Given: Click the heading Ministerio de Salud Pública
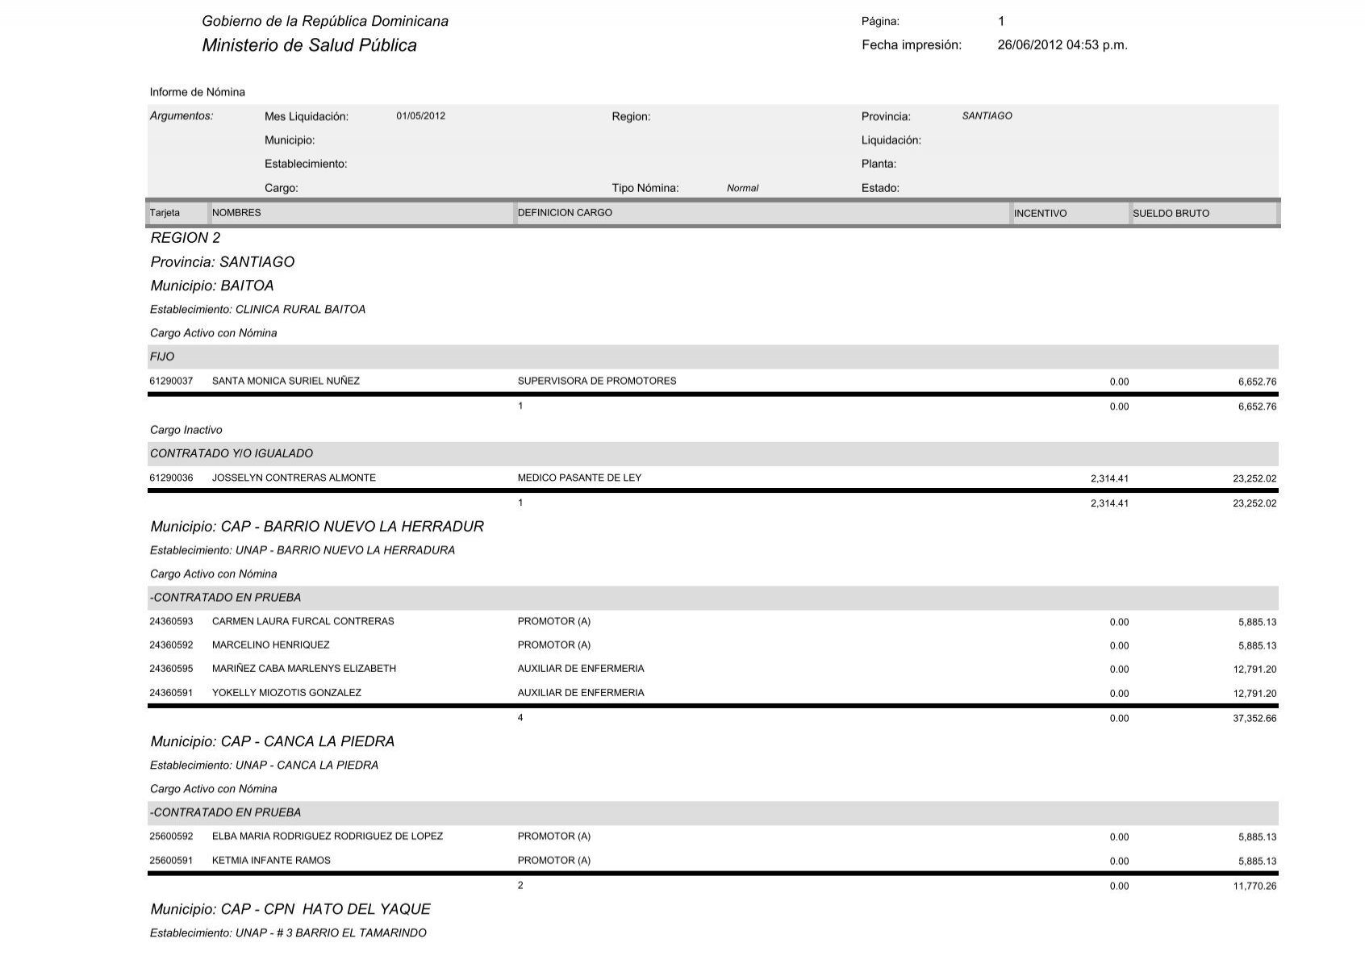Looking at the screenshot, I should point(309,45).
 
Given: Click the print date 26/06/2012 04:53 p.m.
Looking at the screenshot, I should point(1062,45).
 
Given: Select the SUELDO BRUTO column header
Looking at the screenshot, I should point(1171,214).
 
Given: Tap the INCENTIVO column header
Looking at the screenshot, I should point(1040,214).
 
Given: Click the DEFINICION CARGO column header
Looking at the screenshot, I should point(565,213).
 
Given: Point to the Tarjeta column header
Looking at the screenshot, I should point(165,213).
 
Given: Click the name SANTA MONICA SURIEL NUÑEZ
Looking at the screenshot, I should point(286,381).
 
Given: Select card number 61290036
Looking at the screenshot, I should point(171,478).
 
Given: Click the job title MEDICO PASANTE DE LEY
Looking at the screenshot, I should point(579,478).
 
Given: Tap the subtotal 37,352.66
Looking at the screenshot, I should point(1254,719).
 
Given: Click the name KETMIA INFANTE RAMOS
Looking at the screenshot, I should point(271,861).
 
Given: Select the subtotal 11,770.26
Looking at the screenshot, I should point(1254,887).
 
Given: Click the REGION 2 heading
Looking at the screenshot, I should point(185,238).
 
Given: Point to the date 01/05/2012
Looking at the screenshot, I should point(420,116).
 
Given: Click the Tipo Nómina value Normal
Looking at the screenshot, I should point(742,189).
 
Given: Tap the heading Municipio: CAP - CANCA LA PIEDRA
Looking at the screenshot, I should point(272,741).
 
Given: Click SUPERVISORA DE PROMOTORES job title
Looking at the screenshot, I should point(597,381).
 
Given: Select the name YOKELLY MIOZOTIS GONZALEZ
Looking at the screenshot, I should point(286,693).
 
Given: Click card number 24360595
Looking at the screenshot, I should point(171,669).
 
